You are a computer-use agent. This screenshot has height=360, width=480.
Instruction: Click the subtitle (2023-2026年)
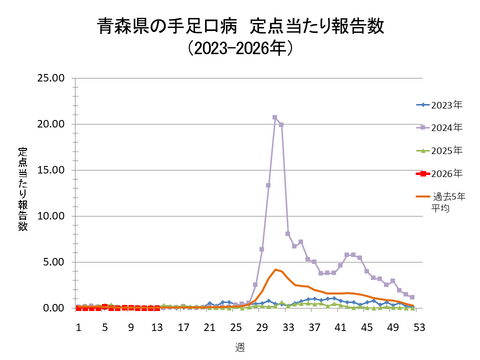239,48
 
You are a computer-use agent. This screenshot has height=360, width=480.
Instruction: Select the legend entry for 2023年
441,104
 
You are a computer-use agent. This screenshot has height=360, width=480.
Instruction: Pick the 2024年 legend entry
441,127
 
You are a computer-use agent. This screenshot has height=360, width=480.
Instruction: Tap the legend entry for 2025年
441,150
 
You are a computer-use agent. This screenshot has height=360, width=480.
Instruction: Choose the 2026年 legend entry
441,173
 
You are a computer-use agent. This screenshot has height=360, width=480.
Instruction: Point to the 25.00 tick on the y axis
50,78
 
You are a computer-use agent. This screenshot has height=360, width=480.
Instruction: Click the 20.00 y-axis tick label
50,124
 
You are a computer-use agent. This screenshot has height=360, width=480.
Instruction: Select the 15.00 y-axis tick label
50,170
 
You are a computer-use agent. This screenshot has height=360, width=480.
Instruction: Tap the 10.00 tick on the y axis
50,216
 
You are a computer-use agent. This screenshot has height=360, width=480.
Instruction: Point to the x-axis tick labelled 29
262,327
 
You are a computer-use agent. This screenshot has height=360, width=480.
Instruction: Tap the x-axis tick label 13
157,327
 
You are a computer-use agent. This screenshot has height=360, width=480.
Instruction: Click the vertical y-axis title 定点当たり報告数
22,190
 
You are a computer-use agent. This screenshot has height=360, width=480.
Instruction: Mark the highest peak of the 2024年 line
275,117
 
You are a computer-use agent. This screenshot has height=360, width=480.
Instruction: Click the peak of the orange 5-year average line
275,269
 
